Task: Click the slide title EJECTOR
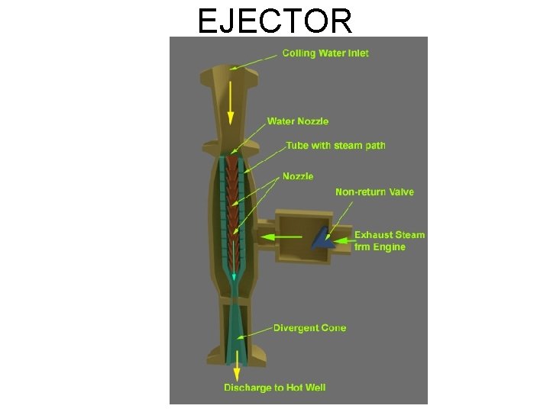click(x=275, y=21)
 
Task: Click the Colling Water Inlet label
click(x=325, y=53)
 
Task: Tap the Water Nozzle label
click(x=298, y=121)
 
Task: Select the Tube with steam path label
click(x=335, y=145)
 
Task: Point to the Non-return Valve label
click(x=374, y=192)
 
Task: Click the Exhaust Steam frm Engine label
click(x=389, y=241)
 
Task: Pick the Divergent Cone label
click(x=309, y=328)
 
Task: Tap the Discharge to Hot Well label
click(x=274, y=388)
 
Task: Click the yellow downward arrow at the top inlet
click(x=230, y=99)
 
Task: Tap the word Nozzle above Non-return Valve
click(x=298, y=176)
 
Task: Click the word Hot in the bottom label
click(x=293, y=388)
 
